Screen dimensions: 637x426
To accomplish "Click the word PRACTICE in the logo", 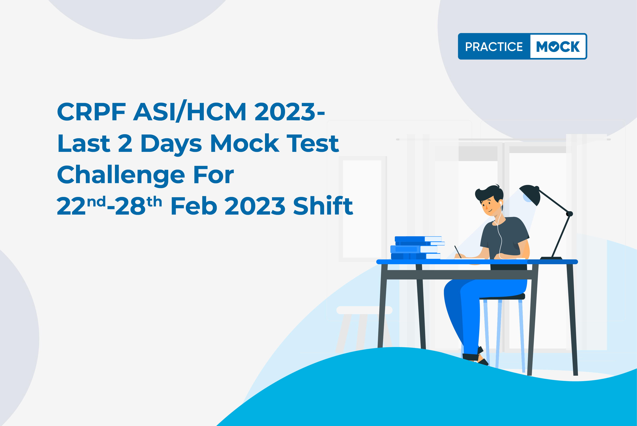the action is (x=494, y=47).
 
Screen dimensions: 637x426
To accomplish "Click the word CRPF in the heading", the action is (x=91, y=112).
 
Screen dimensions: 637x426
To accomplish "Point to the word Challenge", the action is (x=121, y=175).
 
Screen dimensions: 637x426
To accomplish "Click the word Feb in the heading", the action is (x=194, y=206).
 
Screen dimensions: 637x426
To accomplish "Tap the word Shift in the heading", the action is (x=323, y=205).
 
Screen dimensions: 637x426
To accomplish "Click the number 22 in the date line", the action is (x=71, y=206).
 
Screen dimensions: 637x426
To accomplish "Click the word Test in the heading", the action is (x=313, y=143).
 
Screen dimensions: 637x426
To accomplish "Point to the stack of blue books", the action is (x=417, y=248).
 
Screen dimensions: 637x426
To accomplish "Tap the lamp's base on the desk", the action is (x=551, y=258).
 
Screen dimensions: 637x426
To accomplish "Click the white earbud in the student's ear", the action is (x=501, y=203).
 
